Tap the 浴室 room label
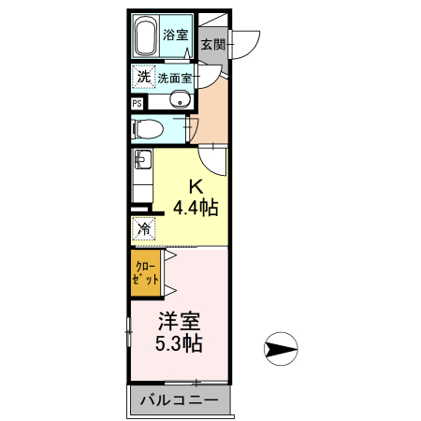pos(175,36)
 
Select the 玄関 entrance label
pos(212,43)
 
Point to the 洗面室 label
pos(174,79)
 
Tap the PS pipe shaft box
pos(138,104)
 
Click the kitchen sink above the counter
pos(143,160)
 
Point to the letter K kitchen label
pos(197,184)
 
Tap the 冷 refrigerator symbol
pos(144,228)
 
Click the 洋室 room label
pos(179,322)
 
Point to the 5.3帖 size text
pos(179,343)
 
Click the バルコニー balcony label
pos(179,401)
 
